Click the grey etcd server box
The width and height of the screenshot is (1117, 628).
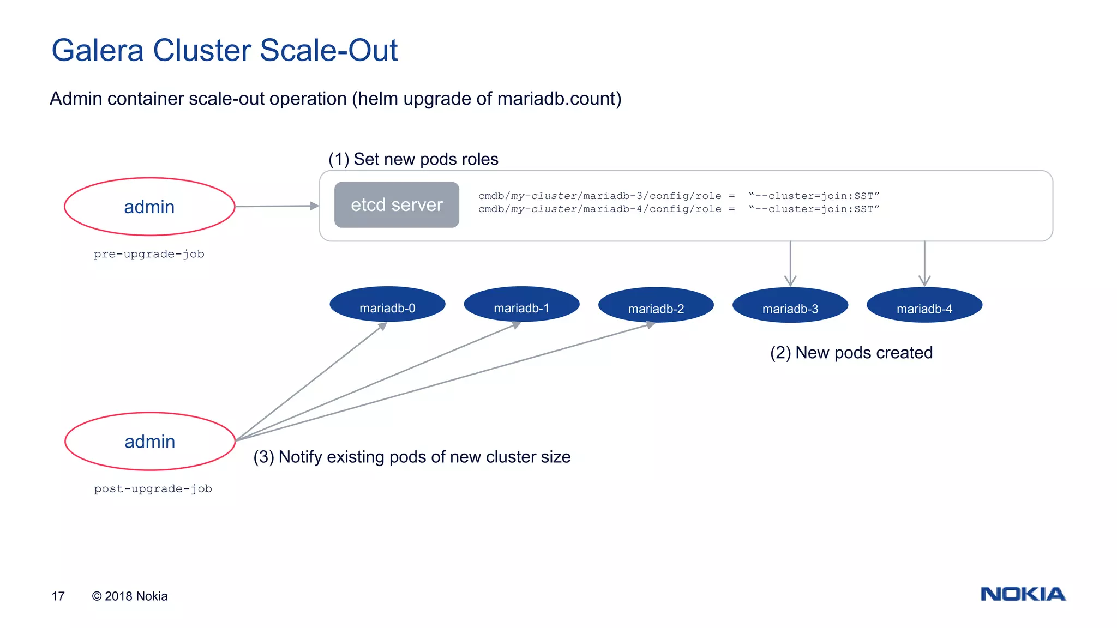pyautogui.click(x=397, y=205)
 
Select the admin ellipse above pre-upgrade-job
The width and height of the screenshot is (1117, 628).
pyautogui.click(x=149, y=207)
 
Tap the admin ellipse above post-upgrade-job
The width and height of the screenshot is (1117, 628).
pyautogui.click(x=150, y=441)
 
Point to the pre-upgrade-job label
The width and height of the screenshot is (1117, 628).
pyautogui.click(x=149, y=254)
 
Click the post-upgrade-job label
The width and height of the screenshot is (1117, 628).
pyautogui.click(x=153, y=489)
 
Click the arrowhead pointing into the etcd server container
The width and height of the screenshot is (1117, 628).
pyautogui.click(x=314, y=206)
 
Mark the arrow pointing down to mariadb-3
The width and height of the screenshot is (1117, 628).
pyautogui.click(x=790, y=265)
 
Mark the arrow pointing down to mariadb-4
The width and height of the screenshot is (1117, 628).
pyautogui.click(x=924, y=265)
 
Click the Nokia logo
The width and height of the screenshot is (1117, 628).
pyautogui.click(x=1023, y=594)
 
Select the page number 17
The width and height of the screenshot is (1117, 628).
pyautogui.click(x=58, y=596)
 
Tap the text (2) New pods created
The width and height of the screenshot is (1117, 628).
pyautogui.click(x=851, y=353)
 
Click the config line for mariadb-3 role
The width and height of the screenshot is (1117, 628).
pyautogui.click(x=678, y=196)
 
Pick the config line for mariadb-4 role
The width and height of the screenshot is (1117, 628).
pyautogui.click(x=678, y=209)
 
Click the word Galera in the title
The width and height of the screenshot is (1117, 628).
pyautogui.click(x=97, y=51)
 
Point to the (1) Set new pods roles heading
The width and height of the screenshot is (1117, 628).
pyautogui.click(x=413, y=159)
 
